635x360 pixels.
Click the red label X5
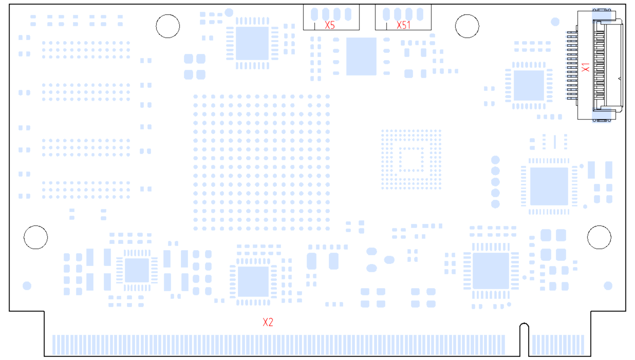[330, 25]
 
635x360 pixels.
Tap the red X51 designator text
[403, 25]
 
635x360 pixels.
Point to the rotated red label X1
[585, 67]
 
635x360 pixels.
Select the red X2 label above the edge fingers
[268, 323]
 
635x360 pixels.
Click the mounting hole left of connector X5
[168, 26]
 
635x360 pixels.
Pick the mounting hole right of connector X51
[468, 26]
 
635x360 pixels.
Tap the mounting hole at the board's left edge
[36, 237]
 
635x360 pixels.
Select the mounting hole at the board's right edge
[599, 237]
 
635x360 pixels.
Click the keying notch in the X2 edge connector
[524, 339]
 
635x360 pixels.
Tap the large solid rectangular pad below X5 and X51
[361, 56]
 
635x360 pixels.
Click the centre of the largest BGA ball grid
[262, 162]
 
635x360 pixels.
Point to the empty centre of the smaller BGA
[411, 159]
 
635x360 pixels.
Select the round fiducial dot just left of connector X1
[555, 22]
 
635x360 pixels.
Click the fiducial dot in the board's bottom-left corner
[27, 286]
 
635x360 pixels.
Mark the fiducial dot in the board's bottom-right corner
[608, 286]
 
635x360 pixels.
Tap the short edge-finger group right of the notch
[557, 345]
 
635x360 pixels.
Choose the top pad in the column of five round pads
[496, 160]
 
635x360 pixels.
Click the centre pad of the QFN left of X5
[252, 44]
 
